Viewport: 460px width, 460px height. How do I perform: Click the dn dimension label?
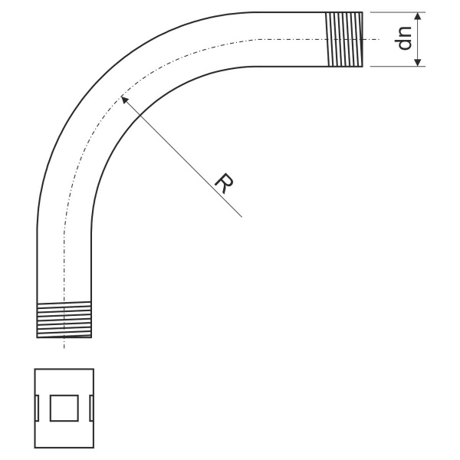click(404, 38)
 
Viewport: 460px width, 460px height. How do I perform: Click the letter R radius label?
click(224, 183)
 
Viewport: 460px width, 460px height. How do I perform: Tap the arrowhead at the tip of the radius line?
click(125, 100)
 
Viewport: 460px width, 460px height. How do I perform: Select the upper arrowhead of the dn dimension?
click(418, 16)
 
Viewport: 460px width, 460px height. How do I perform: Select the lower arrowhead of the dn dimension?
click(418, 62)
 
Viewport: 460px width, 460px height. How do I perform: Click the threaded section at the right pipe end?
click(345, 39)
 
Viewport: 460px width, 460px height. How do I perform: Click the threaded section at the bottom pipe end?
click(64, 320)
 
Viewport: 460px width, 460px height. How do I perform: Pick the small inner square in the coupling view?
click(64, 408)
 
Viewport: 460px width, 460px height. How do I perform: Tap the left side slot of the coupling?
click(37, 408)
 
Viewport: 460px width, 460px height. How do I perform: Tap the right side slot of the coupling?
click(91, 408)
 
